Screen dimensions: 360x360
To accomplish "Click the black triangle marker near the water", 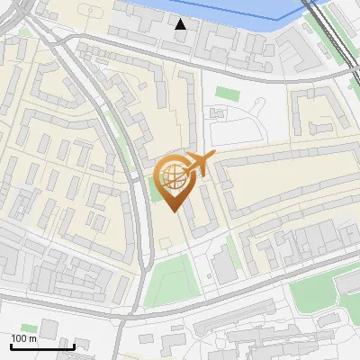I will coord(181,24).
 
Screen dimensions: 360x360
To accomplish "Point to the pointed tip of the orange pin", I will coord(172,210).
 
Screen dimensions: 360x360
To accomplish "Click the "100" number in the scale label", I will coord(18,338).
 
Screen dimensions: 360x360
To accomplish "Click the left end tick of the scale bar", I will coord(11,345).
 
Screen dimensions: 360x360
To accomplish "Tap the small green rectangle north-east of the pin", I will coord(227,93).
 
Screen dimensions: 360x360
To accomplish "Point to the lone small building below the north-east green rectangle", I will coord(219,112).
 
